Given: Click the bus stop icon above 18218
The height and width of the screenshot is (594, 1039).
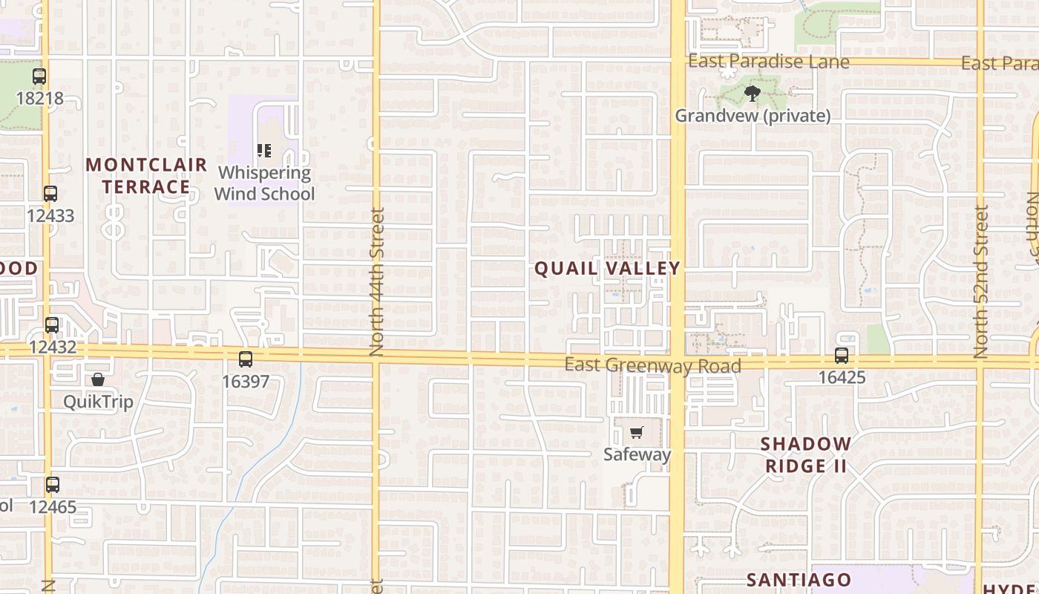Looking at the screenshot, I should [39, 76].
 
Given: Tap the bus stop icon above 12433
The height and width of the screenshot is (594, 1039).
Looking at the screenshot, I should [50, 194].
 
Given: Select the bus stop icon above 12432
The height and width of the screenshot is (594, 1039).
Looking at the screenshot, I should [52, 324].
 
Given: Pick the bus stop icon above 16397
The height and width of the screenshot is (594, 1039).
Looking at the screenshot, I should [246, 359].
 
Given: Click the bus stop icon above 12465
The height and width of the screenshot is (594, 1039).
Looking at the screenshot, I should [52, 485].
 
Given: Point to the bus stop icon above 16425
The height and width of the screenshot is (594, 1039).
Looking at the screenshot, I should [842, 356].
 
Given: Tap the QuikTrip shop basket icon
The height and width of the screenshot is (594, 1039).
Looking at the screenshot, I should [98, 380].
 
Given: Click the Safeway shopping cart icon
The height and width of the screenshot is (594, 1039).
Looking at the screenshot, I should [637, 432].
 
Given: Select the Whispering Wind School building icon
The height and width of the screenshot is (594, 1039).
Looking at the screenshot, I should [264, 151].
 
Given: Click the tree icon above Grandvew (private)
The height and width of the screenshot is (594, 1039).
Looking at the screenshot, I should [753, 94].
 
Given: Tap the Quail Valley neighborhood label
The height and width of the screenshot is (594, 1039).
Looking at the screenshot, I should [608, 268].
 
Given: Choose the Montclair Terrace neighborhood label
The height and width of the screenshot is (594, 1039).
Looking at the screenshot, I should [146, 175].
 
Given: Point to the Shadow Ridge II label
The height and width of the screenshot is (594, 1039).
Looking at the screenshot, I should [806, 454].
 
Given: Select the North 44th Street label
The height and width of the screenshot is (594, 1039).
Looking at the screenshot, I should [377, 282].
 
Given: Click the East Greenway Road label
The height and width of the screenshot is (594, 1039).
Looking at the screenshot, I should [652, 365].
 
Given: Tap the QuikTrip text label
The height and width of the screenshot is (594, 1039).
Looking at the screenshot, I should [98, 402].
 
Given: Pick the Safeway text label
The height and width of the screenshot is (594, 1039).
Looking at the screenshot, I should [637, 454].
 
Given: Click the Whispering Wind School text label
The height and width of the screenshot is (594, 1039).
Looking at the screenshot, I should [264, 183].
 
